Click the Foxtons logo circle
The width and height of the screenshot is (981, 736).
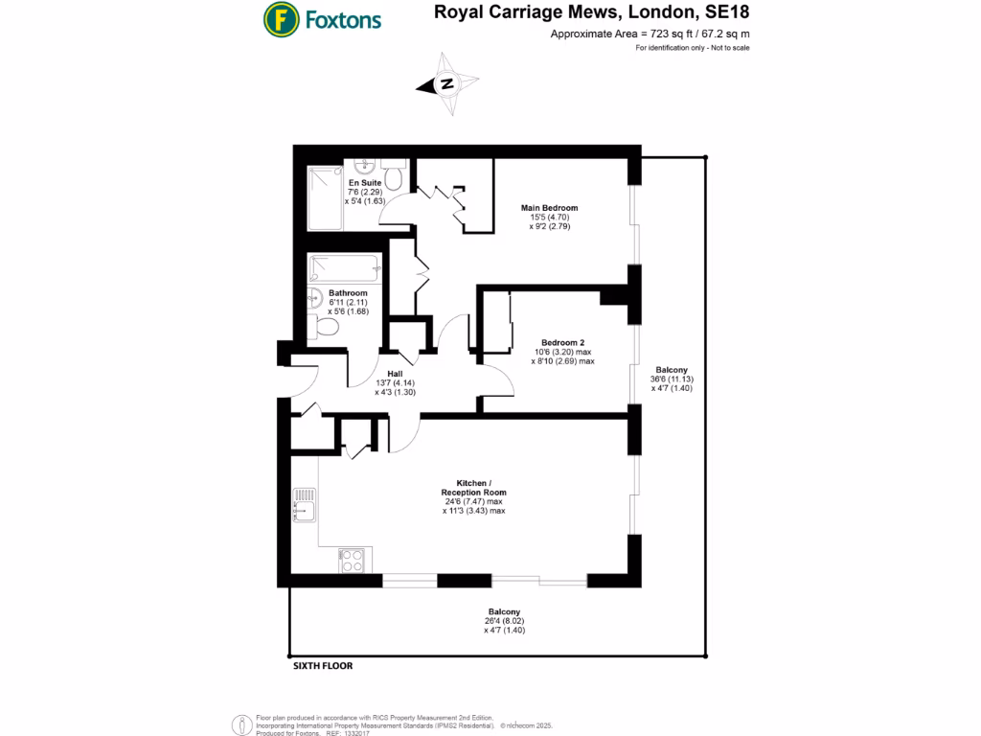pyautogui.click(x=280, y=18)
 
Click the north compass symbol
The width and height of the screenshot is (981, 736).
pyautogui.click(x=446, y=84)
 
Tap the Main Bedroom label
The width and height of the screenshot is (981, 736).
pyautogui.click(x=549, y=208)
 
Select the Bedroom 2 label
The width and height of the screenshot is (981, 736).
pyautogui.click(x=562, y=343)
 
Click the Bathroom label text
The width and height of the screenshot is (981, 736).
pyautogui.click(x=348, y=293)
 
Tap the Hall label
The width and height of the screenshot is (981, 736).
pyautogui.click(x=394, y=374)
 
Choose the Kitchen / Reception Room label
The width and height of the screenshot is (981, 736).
pyautogui.click(x=473, y=487)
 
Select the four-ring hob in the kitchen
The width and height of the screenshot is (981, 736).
pyautogui.click(x=352, y=560)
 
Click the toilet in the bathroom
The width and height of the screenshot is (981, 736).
pyautogui.click(x=325, y=328)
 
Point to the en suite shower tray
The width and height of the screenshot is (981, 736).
pyautogui.click(x=326, y=199)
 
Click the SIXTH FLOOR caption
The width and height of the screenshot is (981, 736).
pyautogui.click(x=323, y=666)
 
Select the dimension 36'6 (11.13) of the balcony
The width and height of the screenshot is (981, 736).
pyautogui.click(x=673, y=379)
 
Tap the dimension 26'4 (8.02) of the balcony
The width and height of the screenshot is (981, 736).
pyautogui.click(x=504, y=621)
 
